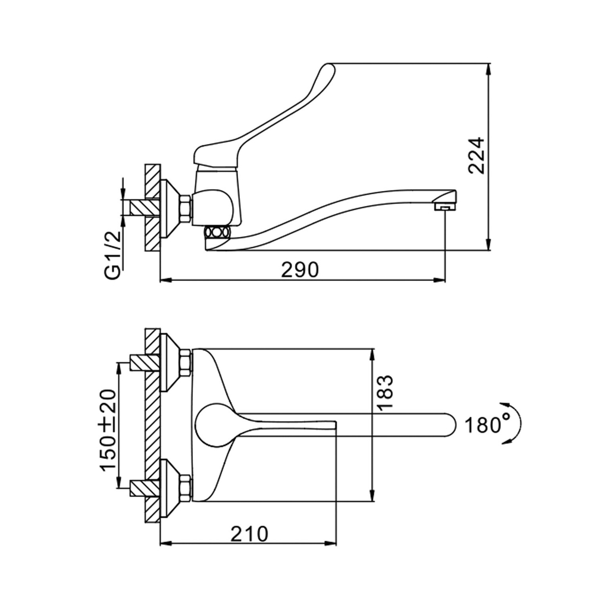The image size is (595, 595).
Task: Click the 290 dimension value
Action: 300,270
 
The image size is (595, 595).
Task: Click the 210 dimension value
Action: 249,534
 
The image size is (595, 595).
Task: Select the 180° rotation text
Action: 488,425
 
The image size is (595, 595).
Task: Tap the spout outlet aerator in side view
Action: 443,206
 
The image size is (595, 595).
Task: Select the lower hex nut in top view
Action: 185,487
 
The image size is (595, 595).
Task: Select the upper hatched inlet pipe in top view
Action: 143,362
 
